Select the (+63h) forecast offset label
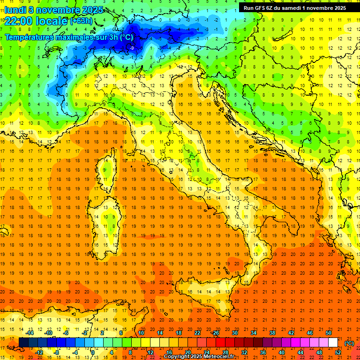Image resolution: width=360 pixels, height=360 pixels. (x=81, y=21)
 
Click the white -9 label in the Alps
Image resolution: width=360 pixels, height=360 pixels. (x=132, y=48)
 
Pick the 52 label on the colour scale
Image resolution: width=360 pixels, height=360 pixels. (x=338, y=352)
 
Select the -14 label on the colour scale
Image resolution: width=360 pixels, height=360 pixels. (x=30, y=333)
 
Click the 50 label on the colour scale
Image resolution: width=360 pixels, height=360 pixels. (x=329, y=333)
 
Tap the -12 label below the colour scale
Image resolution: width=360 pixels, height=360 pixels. (x=39, y=352)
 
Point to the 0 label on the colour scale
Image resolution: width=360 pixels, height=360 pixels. (x=93, y=352)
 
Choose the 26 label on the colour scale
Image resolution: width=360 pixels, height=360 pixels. (x=216, y=333)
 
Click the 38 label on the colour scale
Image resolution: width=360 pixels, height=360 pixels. (x=272, y=333)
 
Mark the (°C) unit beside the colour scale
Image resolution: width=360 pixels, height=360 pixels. (x=349, y=343)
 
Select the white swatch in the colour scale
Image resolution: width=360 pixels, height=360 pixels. (x=333, y=343)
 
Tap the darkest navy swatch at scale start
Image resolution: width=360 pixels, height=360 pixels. (x=23, y=343)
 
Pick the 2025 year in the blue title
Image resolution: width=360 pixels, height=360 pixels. (x=94, y=9)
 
